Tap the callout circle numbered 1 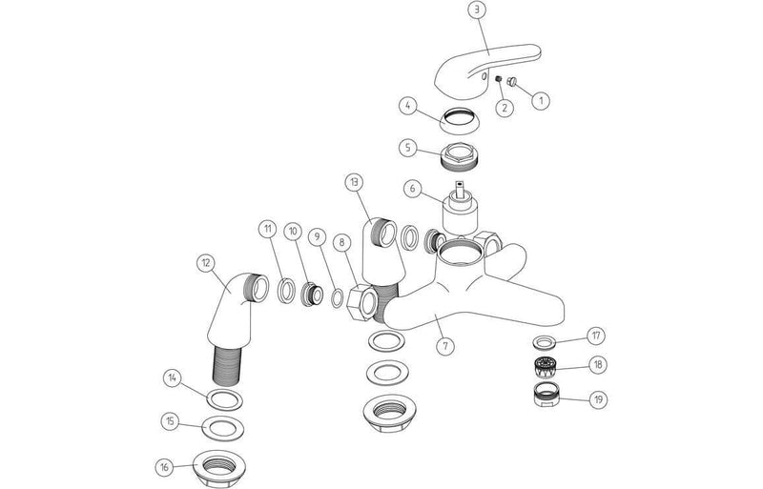(540, 100)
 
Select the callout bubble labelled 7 (444, 346)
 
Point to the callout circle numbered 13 (354, 182)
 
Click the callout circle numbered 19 (598, 400)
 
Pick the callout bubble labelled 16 (164, 467)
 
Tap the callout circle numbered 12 (206, 263)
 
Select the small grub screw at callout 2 (499, 79)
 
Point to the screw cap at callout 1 (511, 82)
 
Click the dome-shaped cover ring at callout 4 (460, 120)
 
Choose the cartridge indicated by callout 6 (460, 209)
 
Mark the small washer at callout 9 (337, 298)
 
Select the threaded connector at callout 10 (312, 295)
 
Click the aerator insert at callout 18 (546, 367)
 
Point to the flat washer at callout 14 (225, 399)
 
